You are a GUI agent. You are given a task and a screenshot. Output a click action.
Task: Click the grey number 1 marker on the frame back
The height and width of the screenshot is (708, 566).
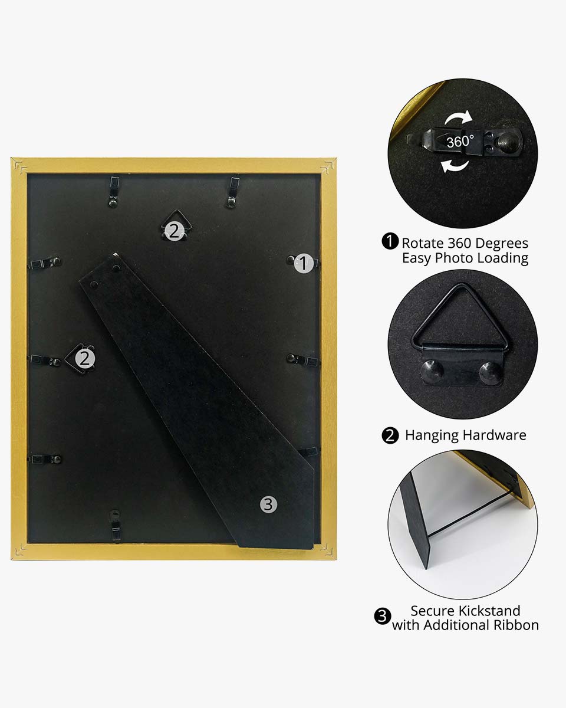point(303,263)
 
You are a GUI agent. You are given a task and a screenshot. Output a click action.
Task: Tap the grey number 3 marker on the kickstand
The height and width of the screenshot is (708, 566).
point(268,504)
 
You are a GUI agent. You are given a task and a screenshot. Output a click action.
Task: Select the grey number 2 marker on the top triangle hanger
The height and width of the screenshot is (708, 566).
point(175,231)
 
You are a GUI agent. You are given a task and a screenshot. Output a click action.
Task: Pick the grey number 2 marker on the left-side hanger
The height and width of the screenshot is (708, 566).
point(85,359)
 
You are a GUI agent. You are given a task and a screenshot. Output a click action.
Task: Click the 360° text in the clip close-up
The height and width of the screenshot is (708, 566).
point(460,142)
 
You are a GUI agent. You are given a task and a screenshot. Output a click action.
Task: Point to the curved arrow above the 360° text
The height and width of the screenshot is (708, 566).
point(459,119)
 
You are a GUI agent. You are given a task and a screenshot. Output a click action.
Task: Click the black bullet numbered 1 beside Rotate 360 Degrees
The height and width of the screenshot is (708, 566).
point(390,241)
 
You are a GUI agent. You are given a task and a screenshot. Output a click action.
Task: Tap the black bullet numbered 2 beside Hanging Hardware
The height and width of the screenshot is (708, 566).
point(390,435)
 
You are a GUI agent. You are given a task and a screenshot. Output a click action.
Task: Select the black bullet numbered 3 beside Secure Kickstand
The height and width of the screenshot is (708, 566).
point(383,616)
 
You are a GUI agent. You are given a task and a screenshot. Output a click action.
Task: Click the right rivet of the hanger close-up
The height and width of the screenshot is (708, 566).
point(491,372)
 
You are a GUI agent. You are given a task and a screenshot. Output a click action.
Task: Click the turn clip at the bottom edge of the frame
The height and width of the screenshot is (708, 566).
point(115,523)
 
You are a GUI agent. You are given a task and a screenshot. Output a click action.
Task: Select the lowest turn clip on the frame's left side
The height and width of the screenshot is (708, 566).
point(46,459)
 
